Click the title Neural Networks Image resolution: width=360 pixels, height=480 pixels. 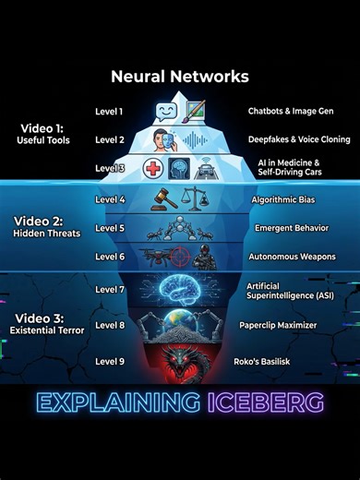pyautogui.click(x=180, y=77)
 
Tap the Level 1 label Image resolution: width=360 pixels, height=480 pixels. pyautogui.click(x=109, y=112)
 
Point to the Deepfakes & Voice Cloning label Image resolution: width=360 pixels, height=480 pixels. pyautogui.click(x=285, y=140)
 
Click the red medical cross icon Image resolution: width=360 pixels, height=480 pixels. pyautogui.click(x=154, y=169)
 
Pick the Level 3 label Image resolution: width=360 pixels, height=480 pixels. pyautogui.click(x=109, y=168)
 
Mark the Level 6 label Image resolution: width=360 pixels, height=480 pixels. pyautogui.click(x=109, y=256)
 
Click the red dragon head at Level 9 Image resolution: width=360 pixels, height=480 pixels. pyautogui.click(x=179, y=360)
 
